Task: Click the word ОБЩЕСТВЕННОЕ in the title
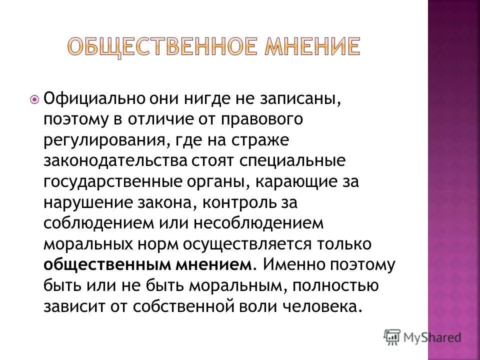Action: point(155,46)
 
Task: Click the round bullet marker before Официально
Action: point(34,99)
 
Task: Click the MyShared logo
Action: point(422,336)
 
